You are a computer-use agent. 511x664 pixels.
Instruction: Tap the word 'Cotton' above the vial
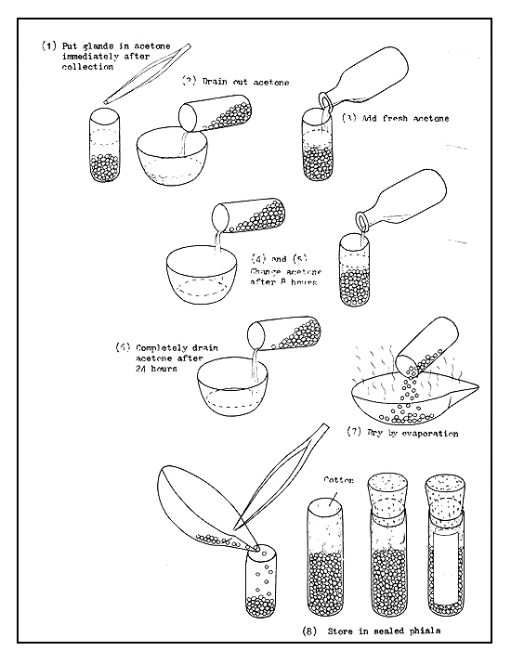[339, 480]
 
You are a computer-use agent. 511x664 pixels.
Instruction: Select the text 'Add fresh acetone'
[403, 118]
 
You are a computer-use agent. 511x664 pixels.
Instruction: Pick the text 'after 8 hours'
[282, 281]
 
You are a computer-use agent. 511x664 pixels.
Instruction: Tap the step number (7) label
[354, 433]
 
